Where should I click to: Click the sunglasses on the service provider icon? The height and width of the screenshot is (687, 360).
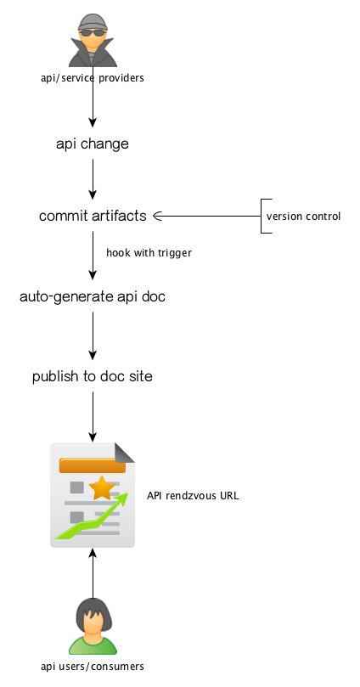point(93,33)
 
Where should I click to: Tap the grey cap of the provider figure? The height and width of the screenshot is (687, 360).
point(93,22)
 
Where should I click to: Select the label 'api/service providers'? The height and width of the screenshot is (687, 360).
point(93,78)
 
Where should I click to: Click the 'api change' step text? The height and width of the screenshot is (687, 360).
point(93,144)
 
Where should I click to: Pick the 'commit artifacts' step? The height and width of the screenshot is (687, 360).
point(93,216)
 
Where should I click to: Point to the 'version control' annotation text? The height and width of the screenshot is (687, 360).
point(303,217)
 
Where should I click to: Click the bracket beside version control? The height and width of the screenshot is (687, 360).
point(262,216)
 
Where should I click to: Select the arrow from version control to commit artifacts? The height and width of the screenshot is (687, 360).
point(206,216)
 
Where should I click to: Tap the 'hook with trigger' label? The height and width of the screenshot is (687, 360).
point(149,253)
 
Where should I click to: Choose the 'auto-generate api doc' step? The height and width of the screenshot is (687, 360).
point(93,296)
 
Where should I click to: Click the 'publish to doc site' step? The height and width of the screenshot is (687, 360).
point(93,376)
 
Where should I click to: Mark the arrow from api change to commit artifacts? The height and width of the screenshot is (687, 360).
point(93,179)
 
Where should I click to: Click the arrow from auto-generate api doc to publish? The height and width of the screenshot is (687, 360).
point(93,335)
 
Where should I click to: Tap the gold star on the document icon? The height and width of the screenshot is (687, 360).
point(102,487)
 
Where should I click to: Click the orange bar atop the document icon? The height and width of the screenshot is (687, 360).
point(93,465)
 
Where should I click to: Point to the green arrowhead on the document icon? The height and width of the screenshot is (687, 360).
point(121,499)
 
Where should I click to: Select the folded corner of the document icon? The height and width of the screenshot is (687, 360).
point(124,453)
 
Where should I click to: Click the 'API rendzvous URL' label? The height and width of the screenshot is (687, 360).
point(193,496)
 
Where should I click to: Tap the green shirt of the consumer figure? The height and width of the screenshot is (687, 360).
point(93,645)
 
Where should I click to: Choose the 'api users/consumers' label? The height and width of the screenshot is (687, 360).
point(93,667)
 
